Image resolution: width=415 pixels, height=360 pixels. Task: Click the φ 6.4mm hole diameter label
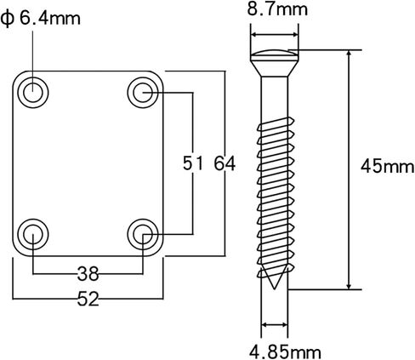[41, 19]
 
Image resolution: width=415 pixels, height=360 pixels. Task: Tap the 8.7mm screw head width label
[277, 9]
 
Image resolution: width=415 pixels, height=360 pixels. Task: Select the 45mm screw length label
[387, 166]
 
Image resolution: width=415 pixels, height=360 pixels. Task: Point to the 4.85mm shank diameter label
[285, 352]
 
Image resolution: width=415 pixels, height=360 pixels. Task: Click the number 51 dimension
[193, 163]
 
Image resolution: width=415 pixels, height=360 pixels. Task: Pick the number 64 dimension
[225, 163]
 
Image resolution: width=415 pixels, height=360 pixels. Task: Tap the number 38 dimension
[88, 274]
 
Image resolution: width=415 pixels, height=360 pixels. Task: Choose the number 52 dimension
[88, 299]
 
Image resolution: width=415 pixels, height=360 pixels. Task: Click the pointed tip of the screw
[274, 289]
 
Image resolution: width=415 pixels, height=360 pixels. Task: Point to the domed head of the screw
[275, 53]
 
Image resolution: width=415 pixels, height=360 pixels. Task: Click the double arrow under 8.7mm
[275, 35]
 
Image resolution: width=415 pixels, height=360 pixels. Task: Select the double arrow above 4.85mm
[275, 324]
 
